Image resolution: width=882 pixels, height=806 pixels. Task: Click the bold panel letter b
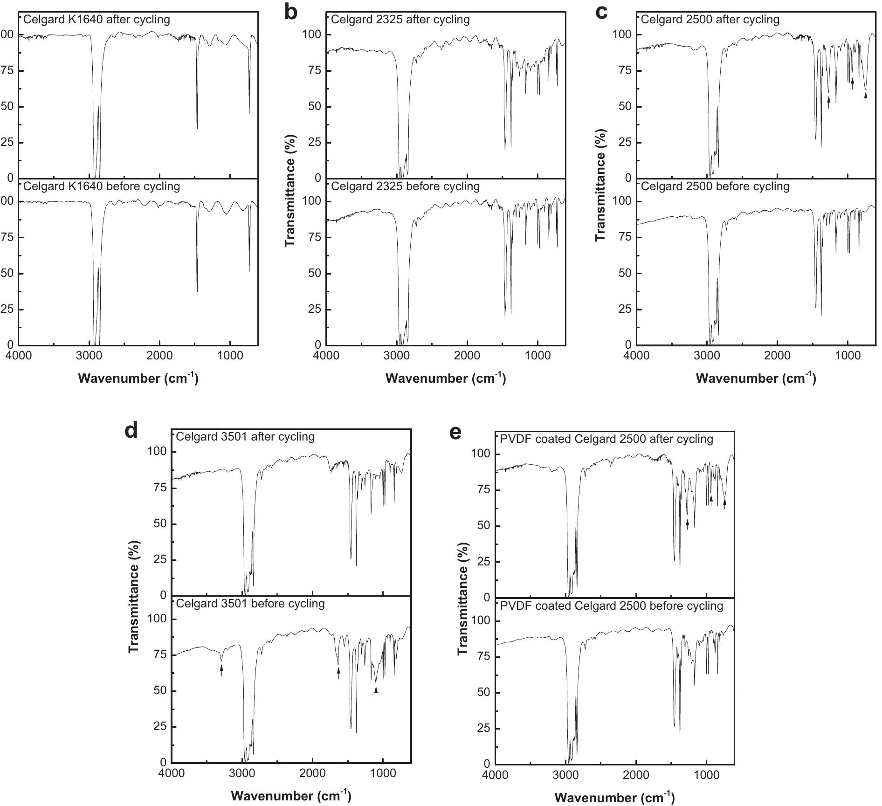290,13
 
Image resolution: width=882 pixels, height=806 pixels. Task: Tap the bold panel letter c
601,13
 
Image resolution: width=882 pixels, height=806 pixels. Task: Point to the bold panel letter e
455,432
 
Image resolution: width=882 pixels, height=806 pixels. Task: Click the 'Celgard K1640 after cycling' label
96,20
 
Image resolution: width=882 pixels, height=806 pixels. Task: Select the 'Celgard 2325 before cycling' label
405,186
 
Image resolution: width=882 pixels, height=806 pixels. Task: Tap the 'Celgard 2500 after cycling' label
710,20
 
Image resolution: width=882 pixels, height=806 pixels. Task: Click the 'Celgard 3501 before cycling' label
250,603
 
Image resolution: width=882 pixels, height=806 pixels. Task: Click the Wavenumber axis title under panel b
446,378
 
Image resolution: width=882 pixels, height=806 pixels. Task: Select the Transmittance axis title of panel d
134,597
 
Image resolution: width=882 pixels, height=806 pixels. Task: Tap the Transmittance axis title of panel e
462,599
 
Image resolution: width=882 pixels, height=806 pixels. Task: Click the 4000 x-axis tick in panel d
172,773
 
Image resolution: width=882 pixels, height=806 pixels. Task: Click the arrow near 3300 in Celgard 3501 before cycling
221,670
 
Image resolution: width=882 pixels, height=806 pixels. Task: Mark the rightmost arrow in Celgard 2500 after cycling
866,98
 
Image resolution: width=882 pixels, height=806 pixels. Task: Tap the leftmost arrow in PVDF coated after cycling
687,524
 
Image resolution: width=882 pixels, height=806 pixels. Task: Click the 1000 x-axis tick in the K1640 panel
230,356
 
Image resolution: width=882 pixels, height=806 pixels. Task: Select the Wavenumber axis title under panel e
615,798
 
